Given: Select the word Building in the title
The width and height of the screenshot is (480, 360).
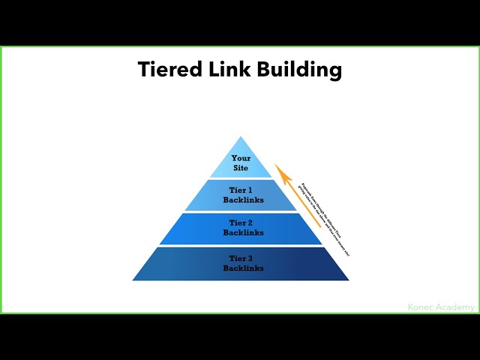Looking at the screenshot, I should [300, 70].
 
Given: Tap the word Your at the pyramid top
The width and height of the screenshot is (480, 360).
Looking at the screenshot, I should [241, 158].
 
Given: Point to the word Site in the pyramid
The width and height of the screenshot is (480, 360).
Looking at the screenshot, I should [241, 168].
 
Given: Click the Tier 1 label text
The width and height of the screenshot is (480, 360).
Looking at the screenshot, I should [241, 190].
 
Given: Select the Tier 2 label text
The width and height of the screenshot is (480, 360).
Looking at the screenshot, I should [241, 223].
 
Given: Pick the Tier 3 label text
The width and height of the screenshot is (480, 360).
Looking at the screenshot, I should [241, 258].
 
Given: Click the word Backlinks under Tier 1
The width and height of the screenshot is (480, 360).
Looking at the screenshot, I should [241, 200].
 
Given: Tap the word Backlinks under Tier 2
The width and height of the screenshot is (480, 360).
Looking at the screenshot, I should [241, 232].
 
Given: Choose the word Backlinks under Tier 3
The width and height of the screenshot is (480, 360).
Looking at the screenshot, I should [241, 268].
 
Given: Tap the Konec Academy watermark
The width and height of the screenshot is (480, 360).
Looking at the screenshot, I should [441, 307].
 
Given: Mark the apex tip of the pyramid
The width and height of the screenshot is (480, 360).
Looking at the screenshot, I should [241, 137].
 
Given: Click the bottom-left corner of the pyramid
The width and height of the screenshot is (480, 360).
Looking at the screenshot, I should [133, 280].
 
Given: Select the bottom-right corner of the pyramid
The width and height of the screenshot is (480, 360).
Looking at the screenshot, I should [348, 280].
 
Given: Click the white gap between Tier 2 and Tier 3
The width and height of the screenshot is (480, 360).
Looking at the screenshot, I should [241, 246].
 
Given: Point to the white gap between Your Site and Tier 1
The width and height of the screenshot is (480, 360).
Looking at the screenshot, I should [241, 178].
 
